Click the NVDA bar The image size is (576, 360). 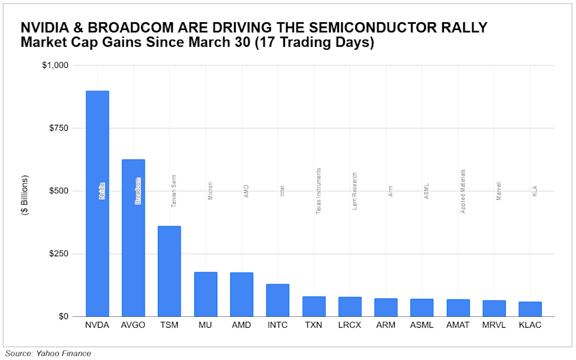[x=97, y=204]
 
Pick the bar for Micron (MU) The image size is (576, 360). [x=205, y=294]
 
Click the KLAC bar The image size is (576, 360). [x=530, y=309]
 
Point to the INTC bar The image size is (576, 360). [x=277, y=300]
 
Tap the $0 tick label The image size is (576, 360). [x=63, y=316]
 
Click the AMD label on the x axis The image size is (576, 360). [x=241, y=326]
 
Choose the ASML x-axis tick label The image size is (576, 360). [x=422, y=326]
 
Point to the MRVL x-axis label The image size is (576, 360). [x=494, y=326]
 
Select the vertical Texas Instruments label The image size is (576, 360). [x=318, y=191]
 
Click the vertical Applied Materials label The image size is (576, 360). [x=463, y=191]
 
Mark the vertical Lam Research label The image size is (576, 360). [x=354, y=191]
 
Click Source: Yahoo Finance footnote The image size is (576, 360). [x=48, y=353]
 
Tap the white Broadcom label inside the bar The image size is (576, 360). [x=138, y=191]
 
